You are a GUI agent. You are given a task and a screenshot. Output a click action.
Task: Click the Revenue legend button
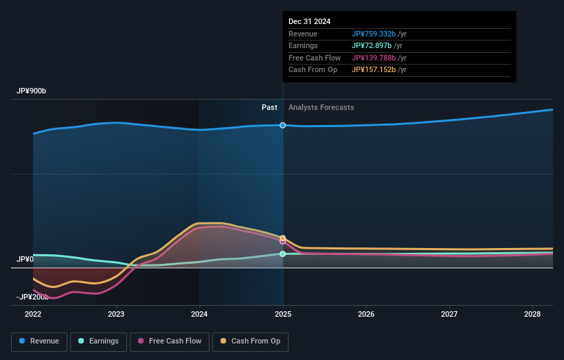tap(39, 341)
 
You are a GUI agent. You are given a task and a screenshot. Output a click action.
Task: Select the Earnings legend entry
tap(98, 341)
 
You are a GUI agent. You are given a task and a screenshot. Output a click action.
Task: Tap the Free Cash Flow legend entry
tap(170, 341)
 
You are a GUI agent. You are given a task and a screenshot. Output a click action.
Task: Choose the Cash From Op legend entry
tap(251, 341)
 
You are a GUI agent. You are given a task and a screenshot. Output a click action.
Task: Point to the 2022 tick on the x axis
tap(33, 314)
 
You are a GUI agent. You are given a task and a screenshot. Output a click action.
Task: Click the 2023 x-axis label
tap(116, 314)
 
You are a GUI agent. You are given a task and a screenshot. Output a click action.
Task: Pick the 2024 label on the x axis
tap(199, 314)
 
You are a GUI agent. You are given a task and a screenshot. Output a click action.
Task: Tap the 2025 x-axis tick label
tap(282, 314)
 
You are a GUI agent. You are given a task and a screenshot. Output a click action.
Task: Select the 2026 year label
tap(366, 314)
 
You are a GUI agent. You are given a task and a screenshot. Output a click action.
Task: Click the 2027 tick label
tap(449, 314)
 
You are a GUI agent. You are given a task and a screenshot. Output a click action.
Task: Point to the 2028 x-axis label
tap(532, 314)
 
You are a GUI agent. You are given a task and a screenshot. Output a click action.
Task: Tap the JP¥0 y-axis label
tap(25, 259)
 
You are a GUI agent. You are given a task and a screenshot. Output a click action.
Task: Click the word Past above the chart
tap(269, 107)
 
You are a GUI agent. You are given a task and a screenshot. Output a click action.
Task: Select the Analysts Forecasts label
tap(322, 107)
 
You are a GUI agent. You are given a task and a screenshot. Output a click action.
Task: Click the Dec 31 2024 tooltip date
tap(309, 21)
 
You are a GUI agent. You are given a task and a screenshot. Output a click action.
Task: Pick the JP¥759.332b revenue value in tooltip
tap(374, 34)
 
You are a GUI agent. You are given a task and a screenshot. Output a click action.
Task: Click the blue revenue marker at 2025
tap(282, 125)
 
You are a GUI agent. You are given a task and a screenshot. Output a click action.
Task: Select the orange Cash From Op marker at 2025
tap(282, 238)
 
